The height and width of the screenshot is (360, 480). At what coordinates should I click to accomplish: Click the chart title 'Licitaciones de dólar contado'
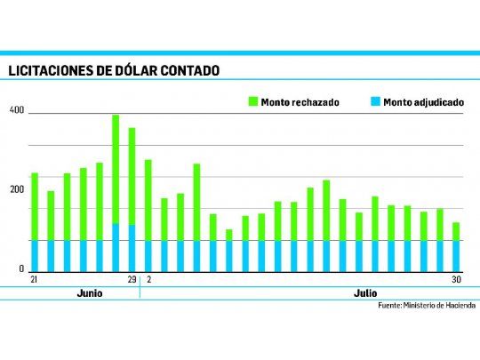(113, 70)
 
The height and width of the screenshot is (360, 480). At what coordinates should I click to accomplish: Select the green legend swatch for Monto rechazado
(252, 102)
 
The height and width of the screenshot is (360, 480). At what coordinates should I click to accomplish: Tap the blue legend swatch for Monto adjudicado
(376, 102)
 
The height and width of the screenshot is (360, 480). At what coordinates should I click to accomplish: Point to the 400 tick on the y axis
(15, 111)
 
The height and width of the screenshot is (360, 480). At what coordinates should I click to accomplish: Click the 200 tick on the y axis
(15, 190)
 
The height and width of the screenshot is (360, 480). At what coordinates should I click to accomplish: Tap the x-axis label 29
(132, 280)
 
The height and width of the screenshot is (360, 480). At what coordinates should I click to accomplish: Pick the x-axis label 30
(455, 280)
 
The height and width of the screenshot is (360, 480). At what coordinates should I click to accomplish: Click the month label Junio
(88, 293)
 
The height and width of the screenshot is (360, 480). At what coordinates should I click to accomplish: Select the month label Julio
(365, 293)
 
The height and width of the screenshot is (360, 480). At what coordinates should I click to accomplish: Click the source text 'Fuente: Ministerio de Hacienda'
(427, 306)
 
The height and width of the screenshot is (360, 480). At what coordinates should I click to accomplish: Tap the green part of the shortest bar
(228, 235)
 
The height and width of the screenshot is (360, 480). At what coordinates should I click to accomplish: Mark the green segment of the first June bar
(35, 204)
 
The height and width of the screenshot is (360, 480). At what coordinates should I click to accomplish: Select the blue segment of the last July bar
(456, 255)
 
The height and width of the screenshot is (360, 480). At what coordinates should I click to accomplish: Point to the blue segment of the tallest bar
(116, 247)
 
